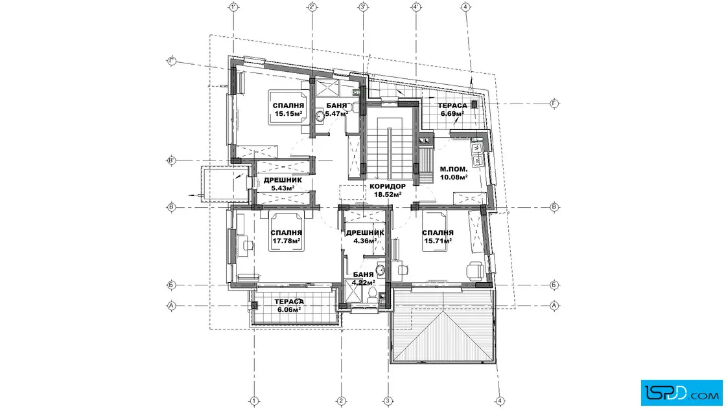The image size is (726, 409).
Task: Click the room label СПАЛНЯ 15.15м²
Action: click(x=288, y=109)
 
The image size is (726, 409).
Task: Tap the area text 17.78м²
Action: click(x=286, y=241)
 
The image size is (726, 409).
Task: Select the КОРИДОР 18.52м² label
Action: click(x=388, y=190)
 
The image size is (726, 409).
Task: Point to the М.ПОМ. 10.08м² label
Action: click(x=453, y=173)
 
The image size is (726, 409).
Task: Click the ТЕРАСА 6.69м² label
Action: click(x=452, y=109)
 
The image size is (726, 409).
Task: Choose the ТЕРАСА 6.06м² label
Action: click(x=289, y=305)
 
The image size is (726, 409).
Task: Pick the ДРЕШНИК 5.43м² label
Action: click(x=283, y=184)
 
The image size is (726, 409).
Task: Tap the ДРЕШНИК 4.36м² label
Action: click(x=365, y=237)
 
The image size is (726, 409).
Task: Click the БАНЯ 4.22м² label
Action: click(x=363, y=279)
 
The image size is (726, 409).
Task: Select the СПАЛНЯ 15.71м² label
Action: click(x=438, y=237)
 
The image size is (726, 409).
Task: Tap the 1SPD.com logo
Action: click(x=681, y=393)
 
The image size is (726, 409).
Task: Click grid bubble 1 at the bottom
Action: click(x=253, y=401)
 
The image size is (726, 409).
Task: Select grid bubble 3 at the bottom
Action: click(x=388, y=401)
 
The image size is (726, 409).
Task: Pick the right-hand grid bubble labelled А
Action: click(x=554, y=305)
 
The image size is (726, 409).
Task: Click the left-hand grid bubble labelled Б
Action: click(x=171, y=285)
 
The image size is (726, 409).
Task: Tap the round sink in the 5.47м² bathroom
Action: click(x=320, y=116)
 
